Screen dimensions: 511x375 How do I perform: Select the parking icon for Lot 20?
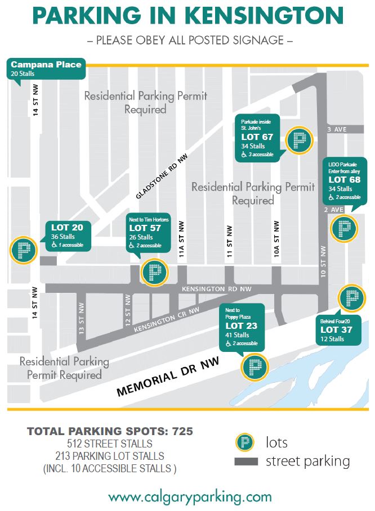(x=24, y=250)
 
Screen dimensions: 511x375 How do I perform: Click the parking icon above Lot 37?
(x=352, y=299)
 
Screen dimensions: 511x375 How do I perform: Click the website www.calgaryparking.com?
(x=190, y=496)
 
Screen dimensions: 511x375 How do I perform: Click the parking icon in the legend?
(x=244, y=442)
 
